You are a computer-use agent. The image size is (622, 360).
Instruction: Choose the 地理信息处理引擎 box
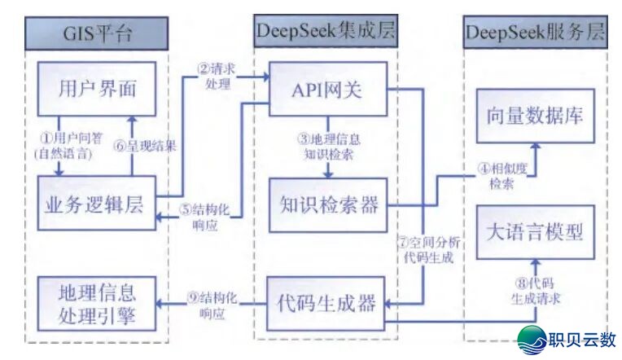tap(96, 303)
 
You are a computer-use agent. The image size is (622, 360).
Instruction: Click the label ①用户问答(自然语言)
tap(59, 147)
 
